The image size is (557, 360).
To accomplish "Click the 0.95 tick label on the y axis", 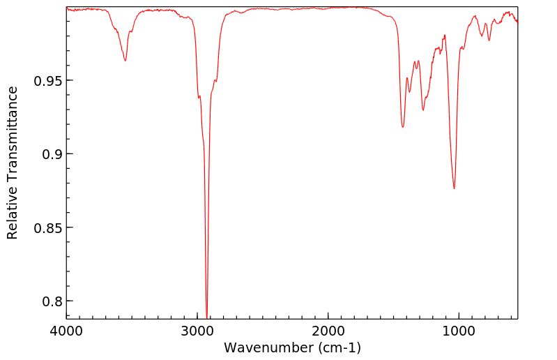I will pos(46,80).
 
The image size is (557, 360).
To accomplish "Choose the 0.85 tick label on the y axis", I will pos(46,227).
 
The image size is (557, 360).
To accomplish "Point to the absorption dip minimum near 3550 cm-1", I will pos(125,61).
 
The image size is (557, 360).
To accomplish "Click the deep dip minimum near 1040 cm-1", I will pos(454,188).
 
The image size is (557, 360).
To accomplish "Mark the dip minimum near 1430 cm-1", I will pos(402,127).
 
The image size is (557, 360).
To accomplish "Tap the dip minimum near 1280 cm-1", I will pos(423,110).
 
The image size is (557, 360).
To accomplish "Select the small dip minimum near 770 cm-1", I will pos(489,40).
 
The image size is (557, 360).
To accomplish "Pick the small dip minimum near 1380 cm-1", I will pos(410,91).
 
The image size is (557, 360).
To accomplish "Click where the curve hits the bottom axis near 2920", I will pos(206,317).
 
